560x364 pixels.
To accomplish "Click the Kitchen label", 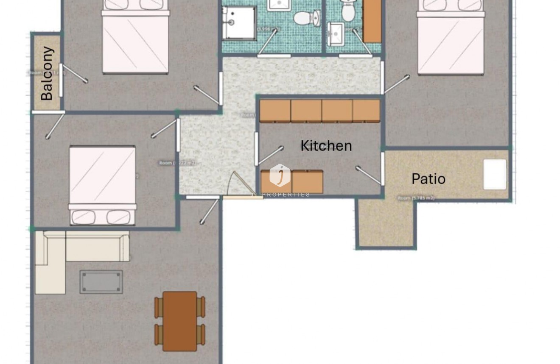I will tap(326, 146).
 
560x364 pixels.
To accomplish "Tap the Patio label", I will tap(428, 179).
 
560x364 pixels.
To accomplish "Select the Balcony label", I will tap(47, 73).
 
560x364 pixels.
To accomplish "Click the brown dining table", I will tap(180, 321).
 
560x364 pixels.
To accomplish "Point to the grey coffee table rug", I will tap(101, 282).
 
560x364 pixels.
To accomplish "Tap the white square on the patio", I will tap(495, 175).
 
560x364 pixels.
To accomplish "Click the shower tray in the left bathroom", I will tap(239, 23).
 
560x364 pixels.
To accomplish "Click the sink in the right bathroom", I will tap(336, 34).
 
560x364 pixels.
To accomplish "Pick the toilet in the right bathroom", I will tap(348, 11).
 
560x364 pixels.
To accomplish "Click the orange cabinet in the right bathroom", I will tap(372, 20).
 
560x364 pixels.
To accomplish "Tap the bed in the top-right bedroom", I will tap(451, 38).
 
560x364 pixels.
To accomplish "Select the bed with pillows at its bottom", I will tap(102, 185).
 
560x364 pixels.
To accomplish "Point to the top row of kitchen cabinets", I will tap(319, 111).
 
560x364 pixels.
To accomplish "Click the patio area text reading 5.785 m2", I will tap(416, 198).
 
